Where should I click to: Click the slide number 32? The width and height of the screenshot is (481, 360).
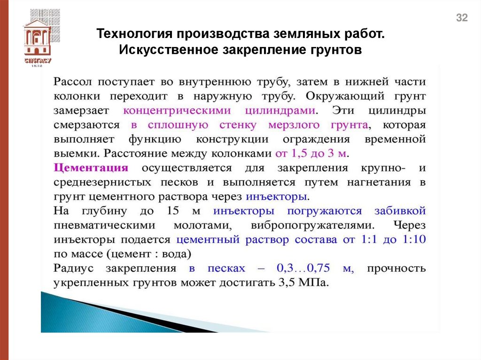point(462,18)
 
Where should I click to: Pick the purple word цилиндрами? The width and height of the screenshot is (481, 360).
point(281,111)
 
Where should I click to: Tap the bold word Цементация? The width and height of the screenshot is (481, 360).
point(91,168)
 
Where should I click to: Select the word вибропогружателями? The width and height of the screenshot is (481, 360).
point(312,225)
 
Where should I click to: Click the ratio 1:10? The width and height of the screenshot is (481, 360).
point(413,239)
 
